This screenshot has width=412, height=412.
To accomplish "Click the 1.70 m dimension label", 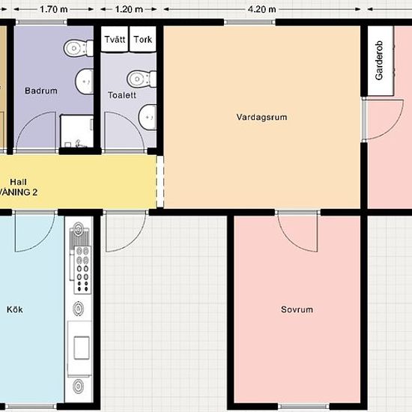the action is coord(54,10).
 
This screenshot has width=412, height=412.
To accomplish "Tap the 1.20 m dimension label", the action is coord(129,10).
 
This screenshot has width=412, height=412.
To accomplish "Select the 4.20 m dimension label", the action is coord(261,10).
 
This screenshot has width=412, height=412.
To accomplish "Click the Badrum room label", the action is coord(41,91).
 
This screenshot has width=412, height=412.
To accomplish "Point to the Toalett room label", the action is coord(122,95).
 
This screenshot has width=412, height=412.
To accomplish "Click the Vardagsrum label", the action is coord(261,117).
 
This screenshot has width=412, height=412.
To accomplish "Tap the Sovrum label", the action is coord(297,309).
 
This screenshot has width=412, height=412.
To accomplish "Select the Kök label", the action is coord(15,309).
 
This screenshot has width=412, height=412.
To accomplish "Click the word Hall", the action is coord(18,182).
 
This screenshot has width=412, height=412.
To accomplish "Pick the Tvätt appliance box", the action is coord(115,39).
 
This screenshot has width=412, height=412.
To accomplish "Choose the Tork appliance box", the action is coord(142,39).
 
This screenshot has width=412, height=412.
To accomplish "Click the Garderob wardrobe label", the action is coord(379,60).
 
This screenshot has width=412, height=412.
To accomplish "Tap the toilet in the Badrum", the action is coord(79,49).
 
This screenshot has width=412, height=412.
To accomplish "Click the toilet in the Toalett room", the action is coord(142,79).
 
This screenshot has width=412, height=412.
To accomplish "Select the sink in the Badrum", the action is coord(85,82).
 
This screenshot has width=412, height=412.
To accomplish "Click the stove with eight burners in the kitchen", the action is coord(82,270).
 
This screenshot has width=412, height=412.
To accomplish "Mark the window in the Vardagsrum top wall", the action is coord(249,22).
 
